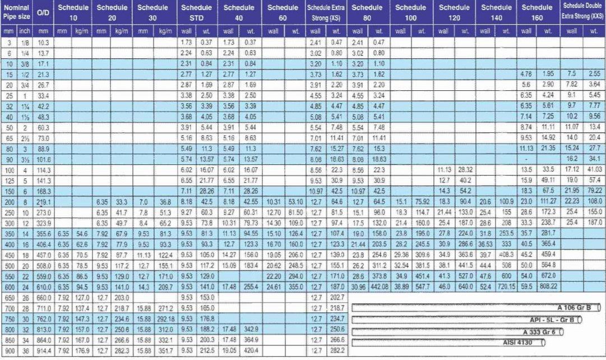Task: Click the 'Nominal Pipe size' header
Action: coord(17,12)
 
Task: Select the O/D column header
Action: coord(44,12)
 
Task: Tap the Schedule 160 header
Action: coord(537,12)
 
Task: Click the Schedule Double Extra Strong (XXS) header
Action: coord(583,12)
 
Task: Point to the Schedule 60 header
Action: coord(283,12)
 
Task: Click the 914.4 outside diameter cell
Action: coord(44,351)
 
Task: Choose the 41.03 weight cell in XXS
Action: coord(594,169)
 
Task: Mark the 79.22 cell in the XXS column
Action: coord(594,190)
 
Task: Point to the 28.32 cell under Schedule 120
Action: coord(465,169)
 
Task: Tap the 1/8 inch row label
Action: coord(25,43)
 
